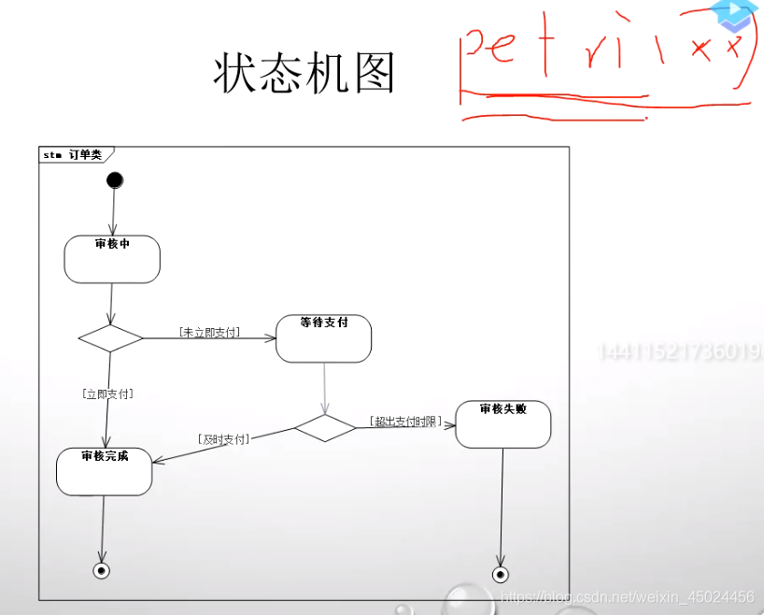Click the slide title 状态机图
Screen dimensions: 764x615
304,73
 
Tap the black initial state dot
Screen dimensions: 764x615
115,179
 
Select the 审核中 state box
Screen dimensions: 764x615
112,259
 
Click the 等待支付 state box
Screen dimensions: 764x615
324,338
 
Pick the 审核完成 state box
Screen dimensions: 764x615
104,471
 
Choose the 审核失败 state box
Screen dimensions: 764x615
502,424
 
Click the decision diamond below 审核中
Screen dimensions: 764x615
111,337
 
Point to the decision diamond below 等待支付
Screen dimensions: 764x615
325,427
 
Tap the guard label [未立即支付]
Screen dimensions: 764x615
209,332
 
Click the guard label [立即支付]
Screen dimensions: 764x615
107,393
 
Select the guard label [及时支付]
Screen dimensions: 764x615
223,437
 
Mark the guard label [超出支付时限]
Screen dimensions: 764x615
405,422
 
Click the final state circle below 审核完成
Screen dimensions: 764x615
102,570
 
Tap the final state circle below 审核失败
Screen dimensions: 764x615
501,574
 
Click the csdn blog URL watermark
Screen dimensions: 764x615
627,596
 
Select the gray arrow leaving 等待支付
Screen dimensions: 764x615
324,388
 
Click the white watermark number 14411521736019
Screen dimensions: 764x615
679,352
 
